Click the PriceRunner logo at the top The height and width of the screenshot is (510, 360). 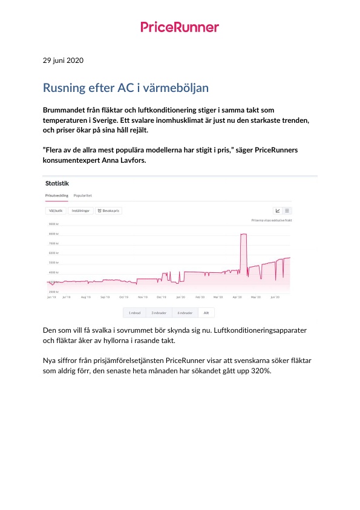180,27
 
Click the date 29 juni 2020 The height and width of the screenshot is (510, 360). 63,60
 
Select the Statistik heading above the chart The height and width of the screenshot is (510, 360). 57,183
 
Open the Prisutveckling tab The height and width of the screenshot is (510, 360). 57,195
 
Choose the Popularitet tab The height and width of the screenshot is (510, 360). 83,195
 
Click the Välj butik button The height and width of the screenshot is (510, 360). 56,211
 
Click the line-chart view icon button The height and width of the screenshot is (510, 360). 278,211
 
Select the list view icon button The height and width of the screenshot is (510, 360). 287,211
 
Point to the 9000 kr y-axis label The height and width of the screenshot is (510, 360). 53,224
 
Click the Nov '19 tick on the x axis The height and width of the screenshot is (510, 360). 143,297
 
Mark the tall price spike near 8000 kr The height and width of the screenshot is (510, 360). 244,234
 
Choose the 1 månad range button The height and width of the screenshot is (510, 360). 135,313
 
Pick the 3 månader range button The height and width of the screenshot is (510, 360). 159,313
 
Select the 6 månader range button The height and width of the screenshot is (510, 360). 185,313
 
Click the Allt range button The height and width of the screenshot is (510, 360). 206,313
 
